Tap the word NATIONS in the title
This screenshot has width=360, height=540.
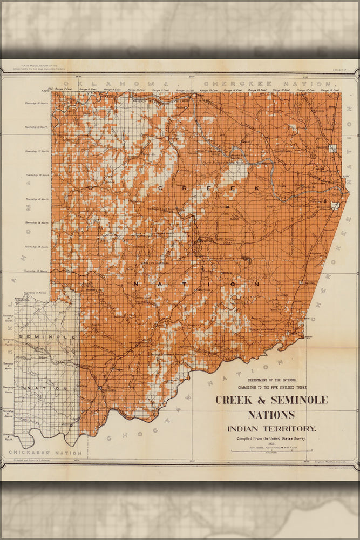pyautogui.click(x=271, y=415)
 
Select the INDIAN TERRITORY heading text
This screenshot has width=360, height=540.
pyautogui.click(x=271, y=429)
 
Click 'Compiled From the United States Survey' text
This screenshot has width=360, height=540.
pyautogui.click(x=271, y=438)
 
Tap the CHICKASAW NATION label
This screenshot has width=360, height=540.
pyautogui.click(x=45, y=453)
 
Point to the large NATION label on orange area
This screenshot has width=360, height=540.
pyautogui.click(x=196, y=283)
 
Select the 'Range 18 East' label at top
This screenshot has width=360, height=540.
pyautogui.click(x=329, y=90)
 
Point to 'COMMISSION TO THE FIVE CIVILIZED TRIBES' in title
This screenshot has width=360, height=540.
pyautogui.click(x=271, y=388)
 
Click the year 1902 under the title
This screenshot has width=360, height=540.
pyautogui.click(x=271, y=444)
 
